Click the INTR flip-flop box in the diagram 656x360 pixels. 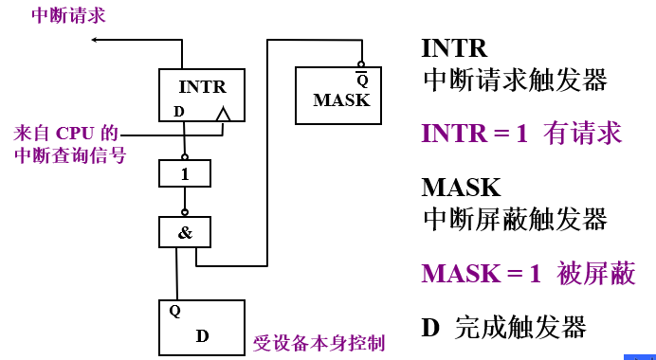(x=202, y=97)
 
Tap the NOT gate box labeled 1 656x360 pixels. (x=184, y=173)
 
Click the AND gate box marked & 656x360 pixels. (x=184, y=231)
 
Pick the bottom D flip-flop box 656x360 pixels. (x=201, y=325)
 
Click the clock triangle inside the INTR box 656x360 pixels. (x=224, y=116)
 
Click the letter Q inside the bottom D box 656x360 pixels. (x=174, y=310)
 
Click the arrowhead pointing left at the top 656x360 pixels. (x=97, y=40)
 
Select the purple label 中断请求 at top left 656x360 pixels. (x=68, y=15)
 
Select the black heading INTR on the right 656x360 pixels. (x=454, y=48)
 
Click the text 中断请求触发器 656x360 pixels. (x=514, y=80)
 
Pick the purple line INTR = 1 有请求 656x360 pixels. (x=521, y=133)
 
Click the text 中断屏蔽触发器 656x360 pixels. (x=514, y=220)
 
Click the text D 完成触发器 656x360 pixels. (x=503, y=328)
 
